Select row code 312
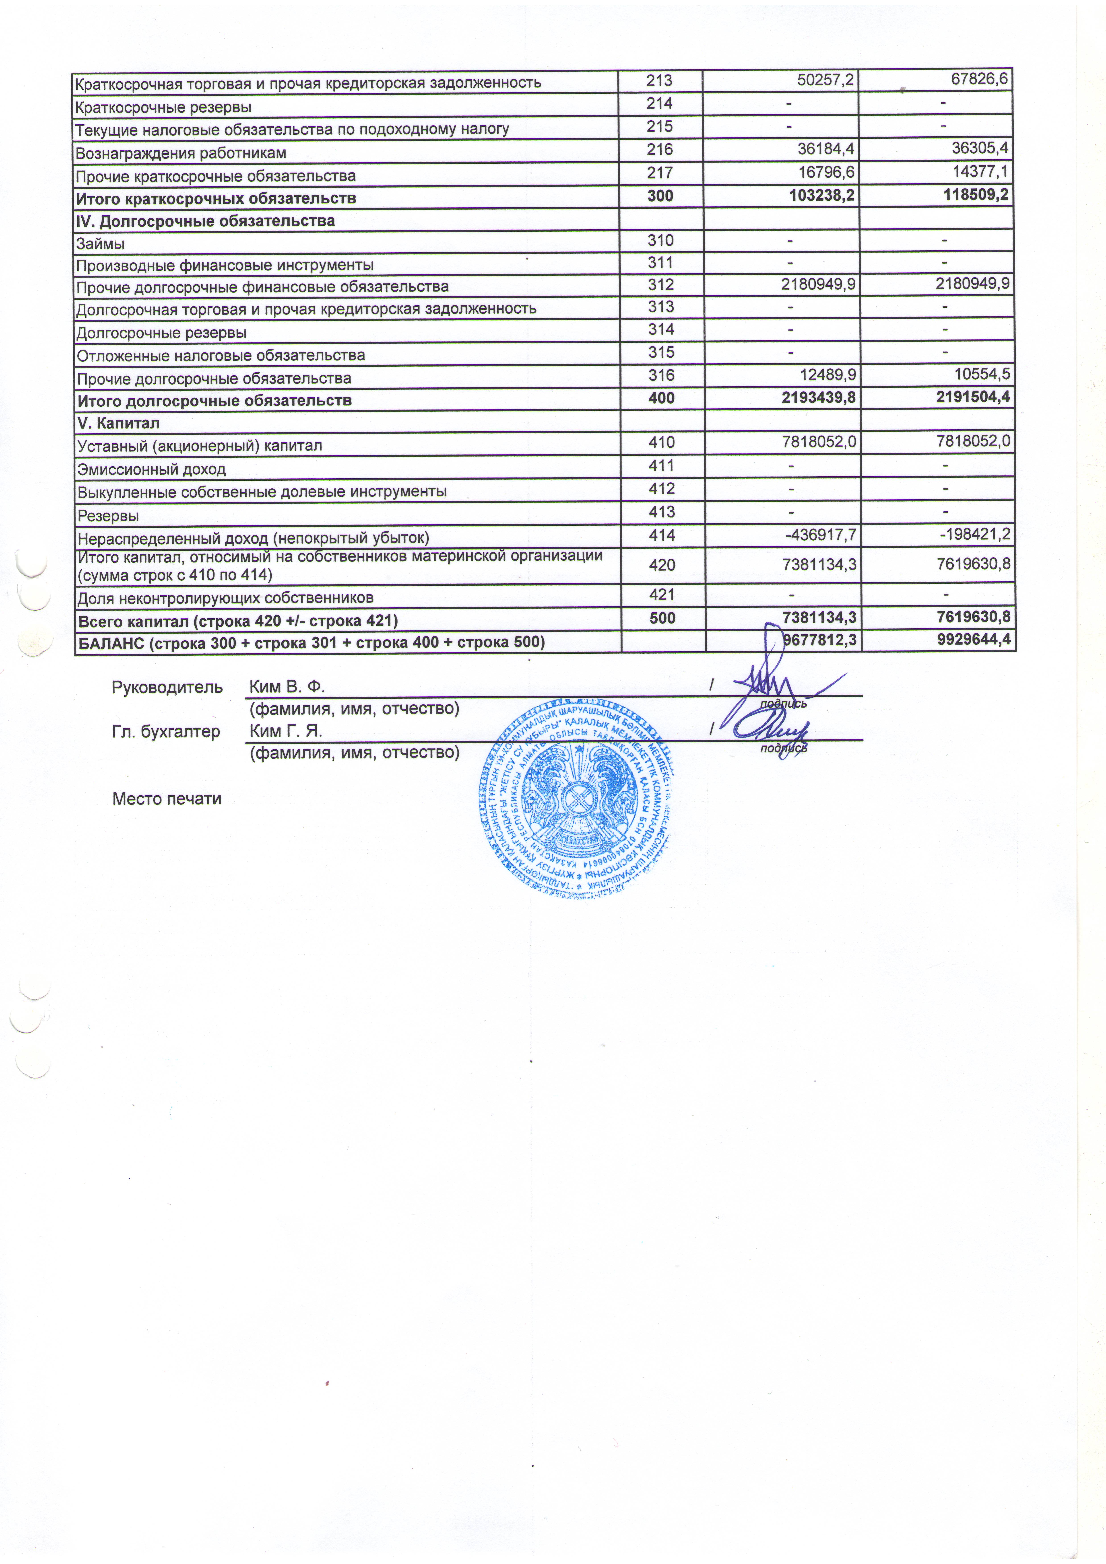[661, 285]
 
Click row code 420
[662, 565]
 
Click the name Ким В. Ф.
[287, 687]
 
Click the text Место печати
[167, 798]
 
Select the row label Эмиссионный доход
[151, 469]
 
